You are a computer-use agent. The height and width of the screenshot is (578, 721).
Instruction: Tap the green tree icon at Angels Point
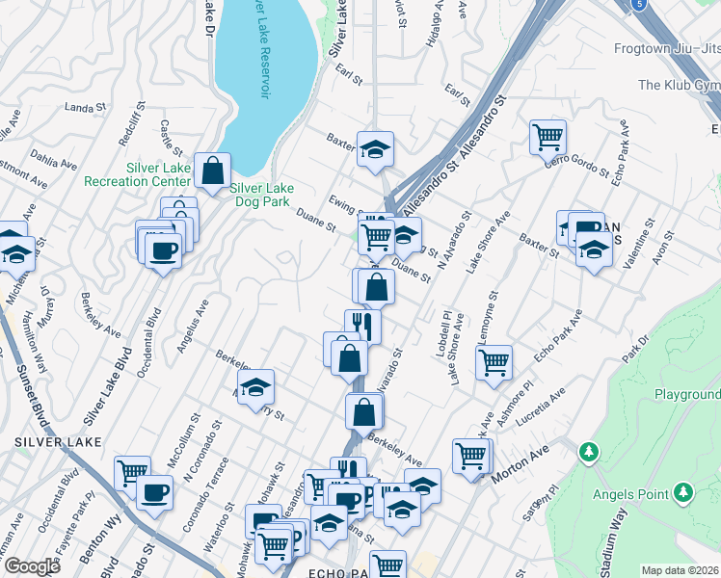pos(683,492)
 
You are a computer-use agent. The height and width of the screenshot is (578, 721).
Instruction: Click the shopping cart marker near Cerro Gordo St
pos(547,138)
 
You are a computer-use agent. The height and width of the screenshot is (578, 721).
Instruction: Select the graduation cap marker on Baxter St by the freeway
pos(375,149)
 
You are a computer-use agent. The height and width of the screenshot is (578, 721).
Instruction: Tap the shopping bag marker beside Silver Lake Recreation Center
pos(212,171)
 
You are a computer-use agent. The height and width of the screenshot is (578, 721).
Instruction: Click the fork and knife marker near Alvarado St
pos(362,325)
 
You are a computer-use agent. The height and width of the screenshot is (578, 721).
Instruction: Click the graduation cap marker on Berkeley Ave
pos(255,388)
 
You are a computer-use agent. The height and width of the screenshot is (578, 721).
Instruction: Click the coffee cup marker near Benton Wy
pos(154,493)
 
